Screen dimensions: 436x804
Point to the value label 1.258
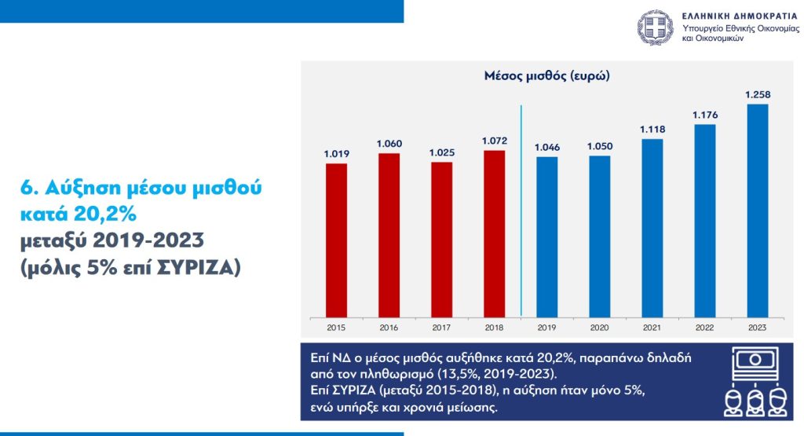point(758,95)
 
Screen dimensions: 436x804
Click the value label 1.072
point(494,141)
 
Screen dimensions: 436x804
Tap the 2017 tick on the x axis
point(441,327)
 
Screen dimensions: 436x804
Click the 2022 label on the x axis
point(705,327)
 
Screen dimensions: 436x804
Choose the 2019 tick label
point(546,327)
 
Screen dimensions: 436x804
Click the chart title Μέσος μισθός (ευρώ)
point(547,77)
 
